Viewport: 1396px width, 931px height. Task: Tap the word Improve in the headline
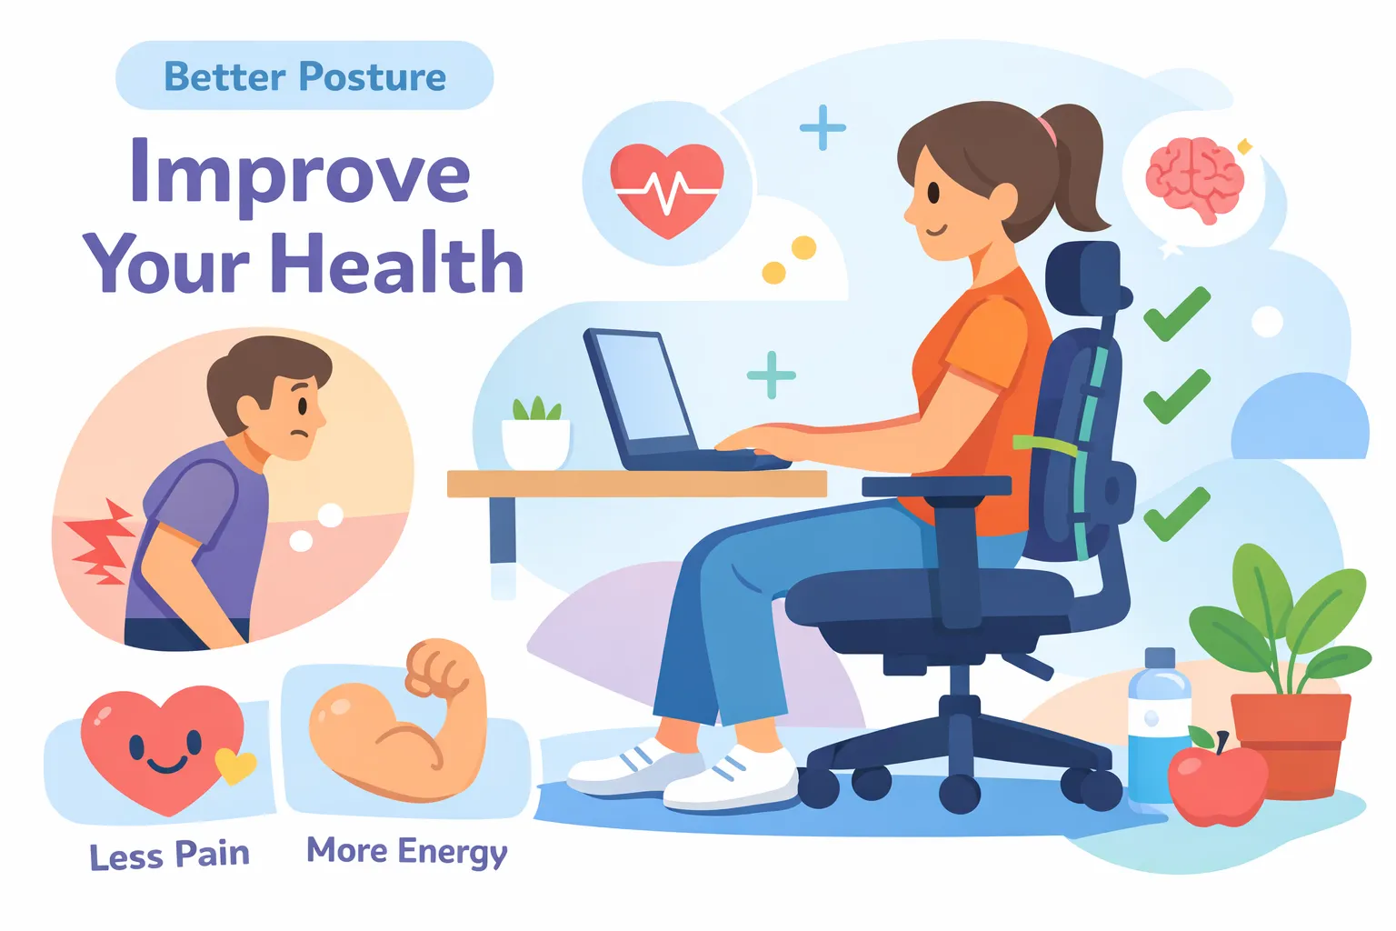pyautogui.click(x=300, y=173)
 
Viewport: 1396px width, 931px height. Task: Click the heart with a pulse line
pyautogui.click(x=667, y=186)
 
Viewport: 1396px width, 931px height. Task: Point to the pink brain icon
pyautogui.click(x=1194, y=177)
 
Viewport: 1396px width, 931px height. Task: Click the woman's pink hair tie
pyautogui.click(x=1049, y=130)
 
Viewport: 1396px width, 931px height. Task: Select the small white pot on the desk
pyautogui.click(x=536, y=444)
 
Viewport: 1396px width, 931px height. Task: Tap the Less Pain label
pyautogui.click(x=169, y=856)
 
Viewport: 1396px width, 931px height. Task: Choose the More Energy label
pyautogui.click(x=406, y=852)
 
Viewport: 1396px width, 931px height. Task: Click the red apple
pyautogui.click(x=1216, y=784)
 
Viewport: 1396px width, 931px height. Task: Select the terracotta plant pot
pyautogui.click(x=1290, y=741)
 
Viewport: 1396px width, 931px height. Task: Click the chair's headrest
pyautogui.click(x=1083, y=277)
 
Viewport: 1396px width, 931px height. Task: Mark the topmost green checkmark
pyautogui.click(x=1176, y=315)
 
